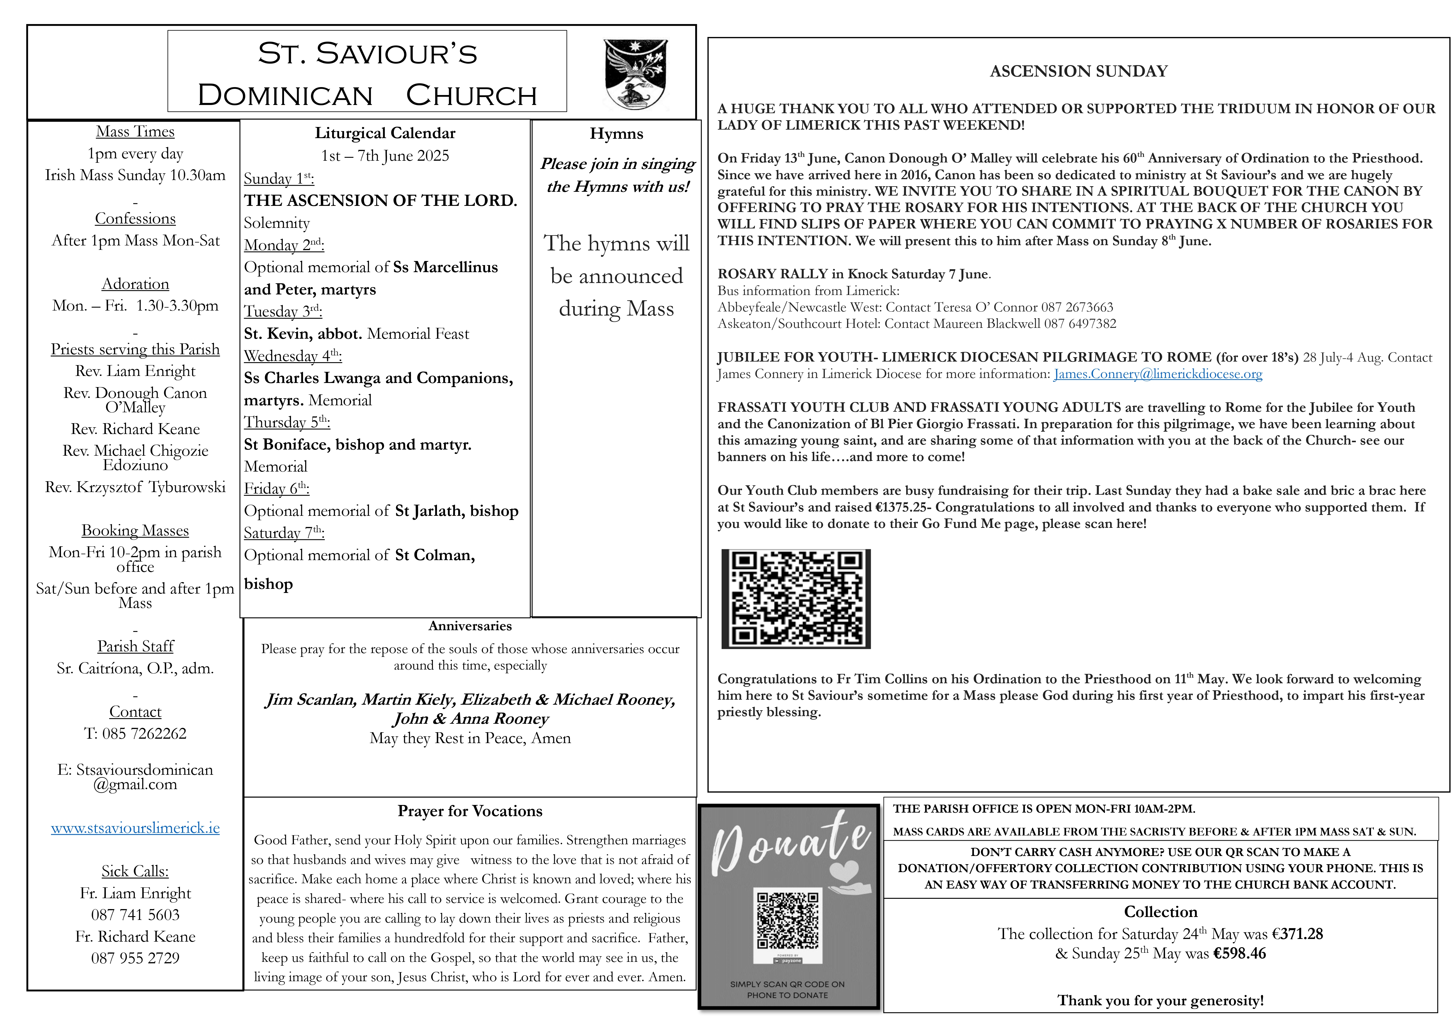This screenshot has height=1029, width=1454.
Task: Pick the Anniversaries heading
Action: pyautogui.click(x=470, y=626)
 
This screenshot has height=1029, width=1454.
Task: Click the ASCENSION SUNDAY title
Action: pyautogui.click(x=1079, y=71)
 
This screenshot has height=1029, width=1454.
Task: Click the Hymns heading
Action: pyautogui.click(x=616, y=134)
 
